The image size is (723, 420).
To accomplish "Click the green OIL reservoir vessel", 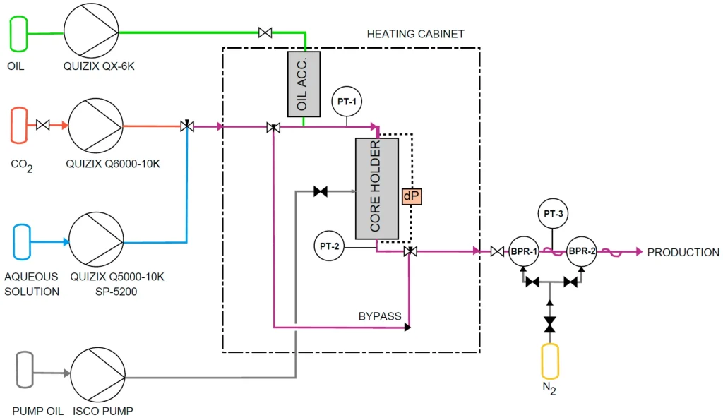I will [18, 34].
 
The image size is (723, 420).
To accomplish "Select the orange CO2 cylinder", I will [18, 125].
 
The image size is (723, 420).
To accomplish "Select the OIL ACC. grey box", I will [304, 83].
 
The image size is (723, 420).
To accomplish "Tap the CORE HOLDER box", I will [376, 188].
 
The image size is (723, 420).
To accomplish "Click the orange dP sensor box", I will [412, 197].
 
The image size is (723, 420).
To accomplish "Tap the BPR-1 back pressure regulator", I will [524, 251].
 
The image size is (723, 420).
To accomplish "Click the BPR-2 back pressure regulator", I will [582, 251].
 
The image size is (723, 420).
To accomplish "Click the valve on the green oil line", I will [265, 32].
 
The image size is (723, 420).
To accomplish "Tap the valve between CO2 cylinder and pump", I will [42, 126].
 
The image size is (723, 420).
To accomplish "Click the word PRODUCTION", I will [683, 252].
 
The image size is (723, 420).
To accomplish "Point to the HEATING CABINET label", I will [415, 34].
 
